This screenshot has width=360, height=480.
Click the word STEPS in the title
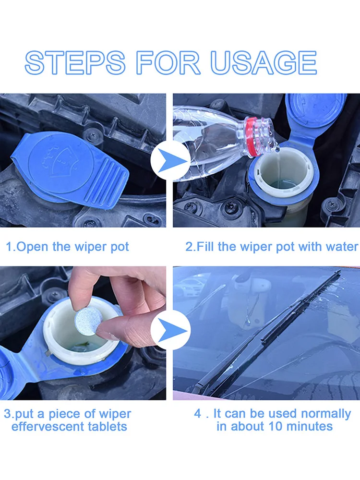click(75, 63)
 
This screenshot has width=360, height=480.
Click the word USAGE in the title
click(264, 63)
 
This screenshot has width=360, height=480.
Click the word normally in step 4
click(326, 414)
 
